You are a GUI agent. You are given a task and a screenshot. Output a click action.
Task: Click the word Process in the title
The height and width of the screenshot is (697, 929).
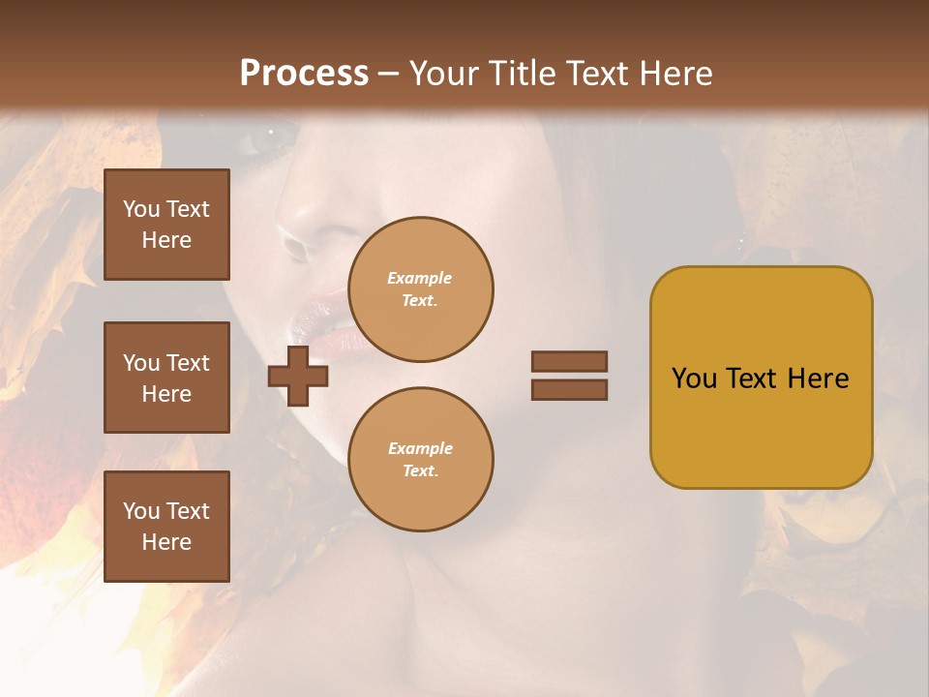304,73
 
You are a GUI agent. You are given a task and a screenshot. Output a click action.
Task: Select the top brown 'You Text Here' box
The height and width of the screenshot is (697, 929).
166,225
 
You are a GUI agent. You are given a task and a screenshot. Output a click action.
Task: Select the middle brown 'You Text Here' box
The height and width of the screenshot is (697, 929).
166,378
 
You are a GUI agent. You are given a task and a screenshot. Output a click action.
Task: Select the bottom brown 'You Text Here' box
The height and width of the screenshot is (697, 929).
166,526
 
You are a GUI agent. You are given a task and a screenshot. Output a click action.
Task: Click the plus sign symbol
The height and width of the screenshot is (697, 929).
298,377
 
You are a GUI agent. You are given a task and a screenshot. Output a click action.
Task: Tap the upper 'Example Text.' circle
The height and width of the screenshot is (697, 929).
421,289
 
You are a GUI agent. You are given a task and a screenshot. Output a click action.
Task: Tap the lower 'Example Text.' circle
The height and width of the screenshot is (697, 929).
421,460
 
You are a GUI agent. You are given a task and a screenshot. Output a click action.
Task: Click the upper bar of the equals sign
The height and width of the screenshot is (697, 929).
569,361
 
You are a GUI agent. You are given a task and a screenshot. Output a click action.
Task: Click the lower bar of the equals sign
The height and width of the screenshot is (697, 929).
569,389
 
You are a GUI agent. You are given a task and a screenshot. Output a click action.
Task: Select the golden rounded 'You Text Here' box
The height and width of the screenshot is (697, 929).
761,378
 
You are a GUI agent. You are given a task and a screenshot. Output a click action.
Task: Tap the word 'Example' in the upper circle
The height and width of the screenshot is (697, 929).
419,278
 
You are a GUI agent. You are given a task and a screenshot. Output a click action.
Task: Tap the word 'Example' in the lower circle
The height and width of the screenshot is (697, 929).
420,448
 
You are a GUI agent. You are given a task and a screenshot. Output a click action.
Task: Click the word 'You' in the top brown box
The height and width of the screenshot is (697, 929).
141,209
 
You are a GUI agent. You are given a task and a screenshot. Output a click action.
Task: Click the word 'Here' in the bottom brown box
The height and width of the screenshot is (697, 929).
166,542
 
